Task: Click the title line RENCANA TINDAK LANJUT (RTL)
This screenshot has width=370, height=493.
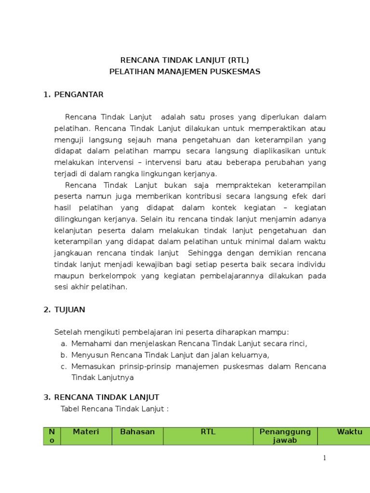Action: (185, 60)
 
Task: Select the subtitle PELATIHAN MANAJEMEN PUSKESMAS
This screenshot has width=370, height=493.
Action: (185, 72)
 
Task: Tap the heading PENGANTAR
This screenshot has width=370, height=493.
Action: (79, 95)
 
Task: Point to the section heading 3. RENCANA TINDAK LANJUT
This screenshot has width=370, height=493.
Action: (106, 397)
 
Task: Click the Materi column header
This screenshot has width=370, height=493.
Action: (86, 432)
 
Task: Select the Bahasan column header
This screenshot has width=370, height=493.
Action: (137, 432)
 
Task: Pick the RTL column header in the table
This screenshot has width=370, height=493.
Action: (208, 432)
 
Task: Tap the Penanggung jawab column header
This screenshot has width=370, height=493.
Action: (285, 436)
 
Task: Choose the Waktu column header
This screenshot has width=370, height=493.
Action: (349, 432)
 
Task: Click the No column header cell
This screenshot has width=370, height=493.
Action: (52, 436)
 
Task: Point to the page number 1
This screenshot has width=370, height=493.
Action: (325, 458)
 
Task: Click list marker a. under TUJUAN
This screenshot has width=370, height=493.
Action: (63, 344)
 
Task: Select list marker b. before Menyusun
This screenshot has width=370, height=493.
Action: (63, 355)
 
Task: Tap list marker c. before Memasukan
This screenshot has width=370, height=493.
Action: (63, 367)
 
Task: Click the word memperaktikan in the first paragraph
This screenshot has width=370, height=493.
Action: (271, 129)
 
